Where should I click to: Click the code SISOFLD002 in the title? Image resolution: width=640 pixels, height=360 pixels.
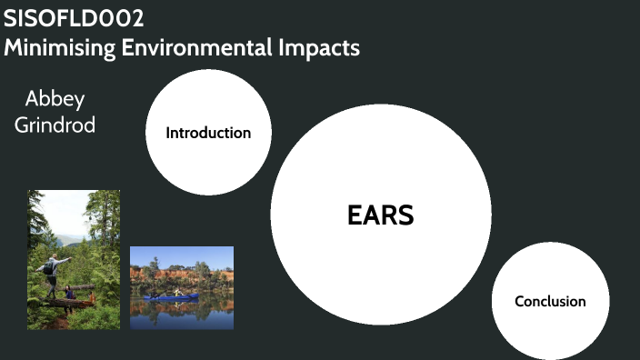tap(74, 18)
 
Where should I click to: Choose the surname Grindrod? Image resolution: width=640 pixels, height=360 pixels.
tap(55, 125)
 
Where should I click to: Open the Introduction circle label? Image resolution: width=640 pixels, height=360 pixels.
tap(208, 133)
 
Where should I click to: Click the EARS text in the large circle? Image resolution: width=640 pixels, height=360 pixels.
tap(381, 215)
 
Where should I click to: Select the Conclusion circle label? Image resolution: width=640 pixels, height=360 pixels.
tap(550, 301)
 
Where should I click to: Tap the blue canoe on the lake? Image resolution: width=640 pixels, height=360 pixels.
tap(172, 296)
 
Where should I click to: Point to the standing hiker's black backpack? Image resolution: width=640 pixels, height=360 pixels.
tap(45, 269)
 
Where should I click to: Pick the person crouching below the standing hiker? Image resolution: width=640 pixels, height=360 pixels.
tap(70, 292)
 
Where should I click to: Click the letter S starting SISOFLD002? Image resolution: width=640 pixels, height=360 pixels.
tap(10, 18)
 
